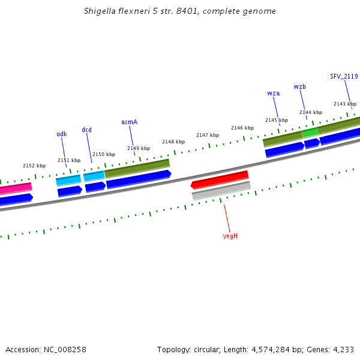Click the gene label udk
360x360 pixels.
pos(62,134)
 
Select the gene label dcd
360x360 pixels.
pos(87,130)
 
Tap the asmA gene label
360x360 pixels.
pos(129,122)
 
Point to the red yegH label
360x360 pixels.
pos(230,236)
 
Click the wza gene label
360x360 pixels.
pos(273,93)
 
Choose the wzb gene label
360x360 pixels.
pos(299,86)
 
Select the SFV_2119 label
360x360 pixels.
pos(344,76)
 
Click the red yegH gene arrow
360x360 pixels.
pos(220,179)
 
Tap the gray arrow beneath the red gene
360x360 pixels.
pos(221,191)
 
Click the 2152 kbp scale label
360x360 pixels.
pos(34,166)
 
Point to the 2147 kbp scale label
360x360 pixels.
pos(208,135)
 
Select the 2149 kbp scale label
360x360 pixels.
pos(139,148)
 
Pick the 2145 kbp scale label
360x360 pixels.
pos(277,120)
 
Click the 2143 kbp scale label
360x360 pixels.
pos(345,104)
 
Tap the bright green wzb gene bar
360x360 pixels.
pos(310,133)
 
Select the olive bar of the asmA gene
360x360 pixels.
pos(137,167)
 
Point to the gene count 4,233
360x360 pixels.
pos(343,349)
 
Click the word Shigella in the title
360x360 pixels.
pos(101,11)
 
